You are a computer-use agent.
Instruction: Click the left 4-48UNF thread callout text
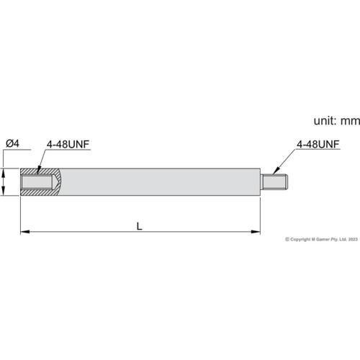coord(68,144)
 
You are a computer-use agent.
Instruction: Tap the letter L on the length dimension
coord(139,225)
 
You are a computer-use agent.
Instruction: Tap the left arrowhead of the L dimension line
coord(24,231)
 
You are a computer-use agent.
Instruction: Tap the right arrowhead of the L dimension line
coord(256,231)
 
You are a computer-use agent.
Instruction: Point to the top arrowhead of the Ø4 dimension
coord(6,171)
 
